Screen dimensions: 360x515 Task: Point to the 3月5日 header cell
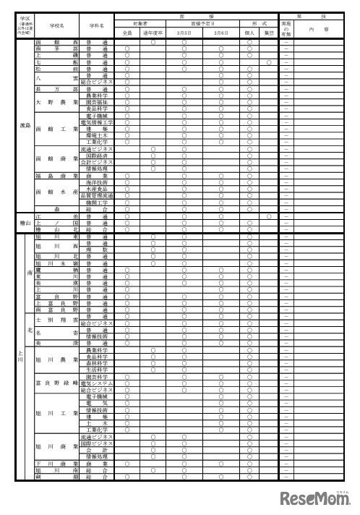click(184, 33)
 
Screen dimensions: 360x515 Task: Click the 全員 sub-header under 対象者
click(127, 33)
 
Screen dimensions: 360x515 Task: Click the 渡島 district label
click(25, 125)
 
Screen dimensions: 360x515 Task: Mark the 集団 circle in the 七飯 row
click(267, 63)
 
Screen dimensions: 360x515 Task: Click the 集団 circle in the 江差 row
click(267, 216)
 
